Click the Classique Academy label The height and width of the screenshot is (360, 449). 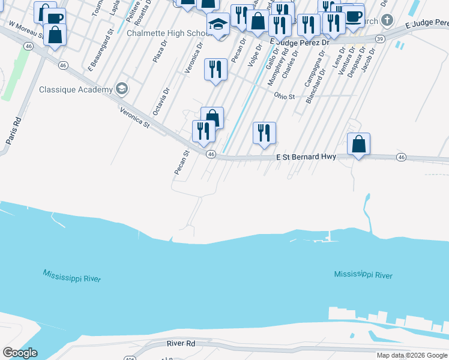click(76, 90)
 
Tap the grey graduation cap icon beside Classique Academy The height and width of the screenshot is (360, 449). click(122, 89)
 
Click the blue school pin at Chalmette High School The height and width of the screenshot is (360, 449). click(218, 25)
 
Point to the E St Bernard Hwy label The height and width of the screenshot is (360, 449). click(306, 157)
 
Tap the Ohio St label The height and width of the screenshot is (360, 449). click(285, 96)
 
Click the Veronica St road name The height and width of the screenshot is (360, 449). click(134, 117)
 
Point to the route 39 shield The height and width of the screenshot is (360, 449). click(380, 38)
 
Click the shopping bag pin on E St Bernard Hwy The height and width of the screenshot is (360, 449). click(358, 145)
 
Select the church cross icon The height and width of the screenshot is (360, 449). click(387, 21)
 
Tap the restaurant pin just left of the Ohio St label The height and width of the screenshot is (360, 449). click(264, 133)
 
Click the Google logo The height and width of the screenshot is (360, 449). click(20, 353)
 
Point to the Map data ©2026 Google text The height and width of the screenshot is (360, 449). click(412, 355)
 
